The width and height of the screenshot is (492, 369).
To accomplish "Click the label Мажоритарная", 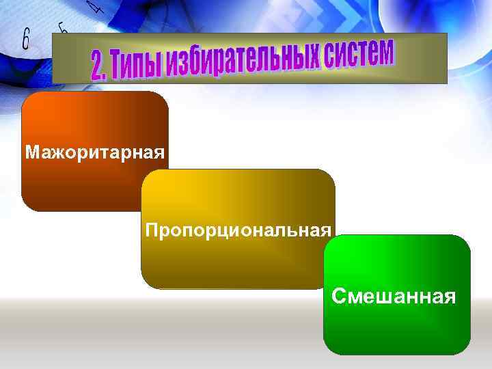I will (x=95, y=151).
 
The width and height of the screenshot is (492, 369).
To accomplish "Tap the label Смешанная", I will (x=393, y=296).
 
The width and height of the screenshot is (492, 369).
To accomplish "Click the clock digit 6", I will (x=25, y=39).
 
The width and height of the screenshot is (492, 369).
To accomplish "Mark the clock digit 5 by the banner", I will (x=62, y=28).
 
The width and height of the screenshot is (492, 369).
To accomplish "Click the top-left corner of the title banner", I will (x=54, y=36).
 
